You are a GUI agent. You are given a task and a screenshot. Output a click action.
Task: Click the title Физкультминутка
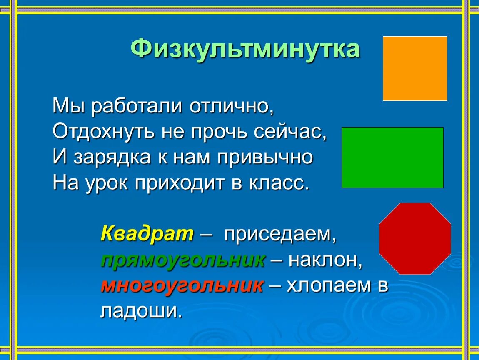245,49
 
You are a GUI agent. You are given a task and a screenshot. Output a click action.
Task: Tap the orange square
415,68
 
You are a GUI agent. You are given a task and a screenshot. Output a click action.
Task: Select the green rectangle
392,157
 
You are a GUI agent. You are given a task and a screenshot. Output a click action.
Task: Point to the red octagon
415,238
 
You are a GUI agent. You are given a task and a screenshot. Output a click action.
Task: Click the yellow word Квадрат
147,234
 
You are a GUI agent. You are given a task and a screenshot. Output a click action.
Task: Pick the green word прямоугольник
183,260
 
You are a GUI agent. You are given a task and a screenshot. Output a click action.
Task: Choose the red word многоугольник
182,286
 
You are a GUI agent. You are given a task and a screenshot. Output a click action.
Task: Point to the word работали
137,106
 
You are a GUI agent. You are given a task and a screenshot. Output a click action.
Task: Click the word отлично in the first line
231,107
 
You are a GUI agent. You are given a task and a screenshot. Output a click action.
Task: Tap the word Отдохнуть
103,132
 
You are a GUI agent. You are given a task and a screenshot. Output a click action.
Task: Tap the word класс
279,183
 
